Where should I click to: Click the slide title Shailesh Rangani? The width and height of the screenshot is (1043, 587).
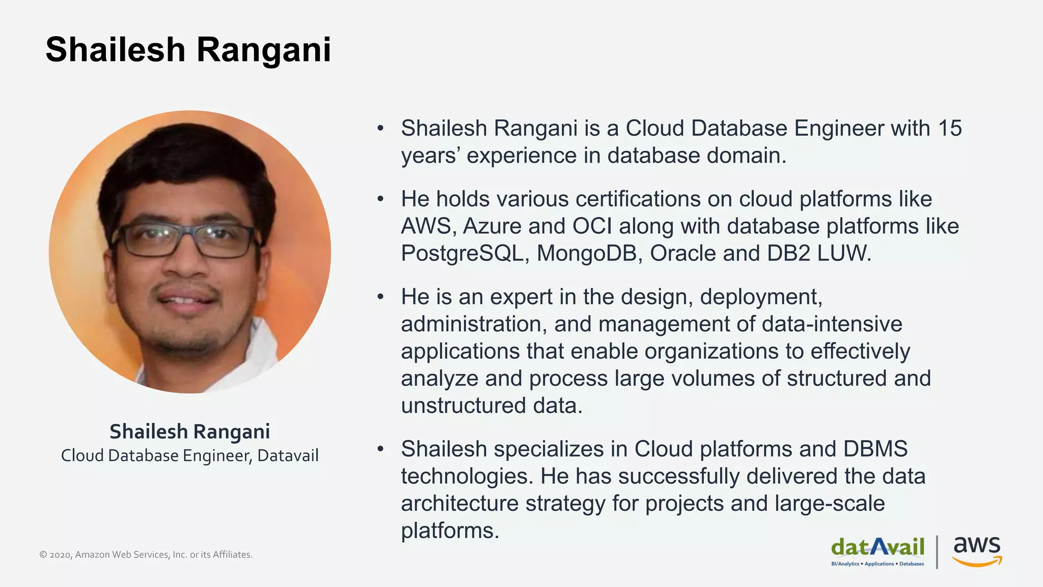click(188, 50)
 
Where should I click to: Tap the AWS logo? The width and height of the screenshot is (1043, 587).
click(977, 551)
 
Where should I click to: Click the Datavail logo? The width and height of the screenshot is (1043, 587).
click(877, 550)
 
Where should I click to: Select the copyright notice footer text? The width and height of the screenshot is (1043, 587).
click(146, 554)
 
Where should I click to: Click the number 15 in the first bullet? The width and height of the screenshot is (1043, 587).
click(949, 128)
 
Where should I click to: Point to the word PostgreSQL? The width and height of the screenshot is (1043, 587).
click(462, 253)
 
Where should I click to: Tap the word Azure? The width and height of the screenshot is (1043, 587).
click(492, 226)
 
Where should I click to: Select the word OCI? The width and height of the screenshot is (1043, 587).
click(592, 226)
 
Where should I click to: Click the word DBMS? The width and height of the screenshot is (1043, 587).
click(875, 449)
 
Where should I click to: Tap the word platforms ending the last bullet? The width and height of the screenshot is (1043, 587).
click(450, 530)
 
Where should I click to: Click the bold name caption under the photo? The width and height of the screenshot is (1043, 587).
click(189, 432)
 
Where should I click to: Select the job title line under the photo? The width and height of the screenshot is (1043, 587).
click(189, 456)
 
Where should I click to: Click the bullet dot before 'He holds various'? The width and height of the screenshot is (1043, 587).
click(380, 199)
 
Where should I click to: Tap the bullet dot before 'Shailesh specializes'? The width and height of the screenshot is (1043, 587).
click(380, 449)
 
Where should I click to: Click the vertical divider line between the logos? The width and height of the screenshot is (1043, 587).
click(937, 551)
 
